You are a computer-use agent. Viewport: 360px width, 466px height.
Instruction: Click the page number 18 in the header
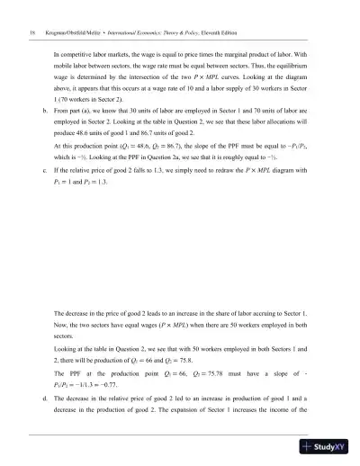pyautogui.click(x=21, y=32)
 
